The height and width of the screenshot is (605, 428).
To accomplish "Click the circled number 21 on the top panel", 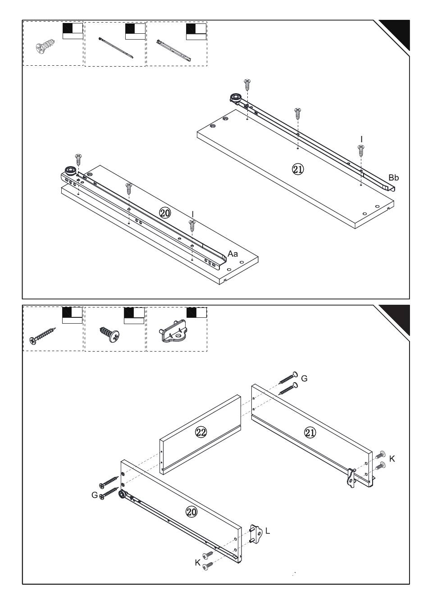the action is click(x=298, y=169).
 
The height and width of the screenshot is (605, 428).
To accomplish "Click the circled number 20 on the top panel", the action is click(x=165, y=213).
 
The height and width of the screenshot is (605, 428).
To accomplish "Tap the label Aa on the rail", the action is click(x=232, y=254).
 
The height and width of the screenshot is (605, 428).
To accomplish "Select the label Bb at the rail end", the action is click(x=394, y=178).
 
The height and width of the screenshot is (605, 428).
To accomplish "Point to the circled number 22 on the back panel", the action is click(x=200, y=432).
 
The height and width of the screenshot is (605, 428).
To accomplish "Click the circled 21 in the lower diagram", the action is click(x=310, y=433).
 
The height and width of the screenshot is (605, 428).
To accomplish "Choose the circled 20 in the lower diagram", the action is click(x=191, y=511).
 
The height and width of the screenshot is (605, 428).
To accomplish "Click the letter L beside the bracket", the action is click(x=268, y=531).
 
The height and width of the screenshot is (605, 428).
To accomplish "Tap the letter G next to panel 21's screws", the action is click(x=304, y=379).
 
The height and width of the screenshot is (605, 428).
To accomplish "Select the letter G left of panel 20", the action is click(x=95, y=495).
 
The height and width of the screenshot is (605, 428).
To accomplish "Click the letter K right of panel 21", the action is click(x=392, y=459).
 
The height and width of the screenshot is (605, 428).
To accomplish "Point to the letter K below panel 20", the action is click(x=197, y=563).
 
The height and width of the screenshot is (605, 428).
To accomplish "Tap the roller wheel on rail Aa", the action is click(x=70, y=170).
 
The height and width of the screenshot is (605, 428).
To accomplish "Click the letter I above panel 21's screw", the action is click(x=361, y=138).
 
